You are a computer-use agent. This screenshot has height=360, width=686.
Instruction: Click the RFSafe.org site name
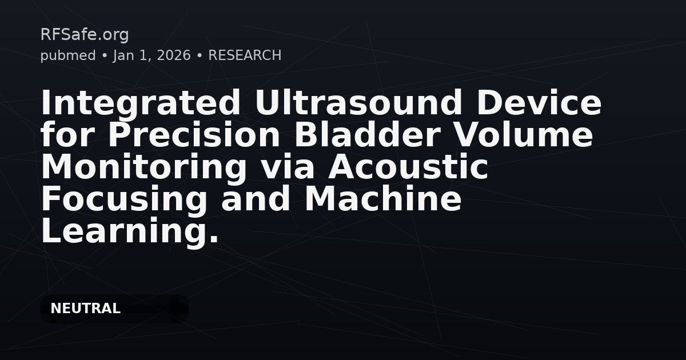(85, 35)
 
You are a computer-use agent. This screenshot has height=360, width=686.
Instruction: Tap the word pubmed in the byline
(68, 55)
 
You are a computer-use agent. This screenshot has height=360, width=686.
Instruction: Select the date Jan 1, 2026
(152, 55)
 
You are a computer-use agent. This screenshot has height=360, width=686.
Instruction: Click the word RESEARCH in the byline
(245, 55)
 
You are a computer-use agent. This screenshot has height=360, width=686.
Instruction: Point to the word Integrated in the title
(141, 103)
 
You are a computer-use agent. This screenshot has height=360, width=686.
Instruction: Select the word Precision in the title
(194, 135)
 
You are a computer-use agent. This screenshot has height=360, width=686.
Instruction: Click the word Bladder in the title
(367, 135)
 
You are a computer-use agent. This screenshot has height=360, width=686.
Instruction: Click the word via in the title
(288, 167)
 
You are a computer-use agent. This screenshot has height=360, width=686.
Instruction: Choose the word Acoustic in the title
(408, 167)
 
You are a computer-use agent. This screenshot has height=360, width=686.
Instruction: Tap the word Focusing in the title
(125, 199)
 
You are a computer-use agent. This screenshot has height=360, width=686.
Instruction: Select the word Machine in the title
(382, 199)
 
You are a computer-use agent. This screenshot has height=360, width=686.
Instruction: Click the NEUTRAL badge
(85, 309)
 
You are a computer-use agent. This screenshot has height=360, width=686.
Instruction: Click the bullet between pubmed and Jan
(105, 55)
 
